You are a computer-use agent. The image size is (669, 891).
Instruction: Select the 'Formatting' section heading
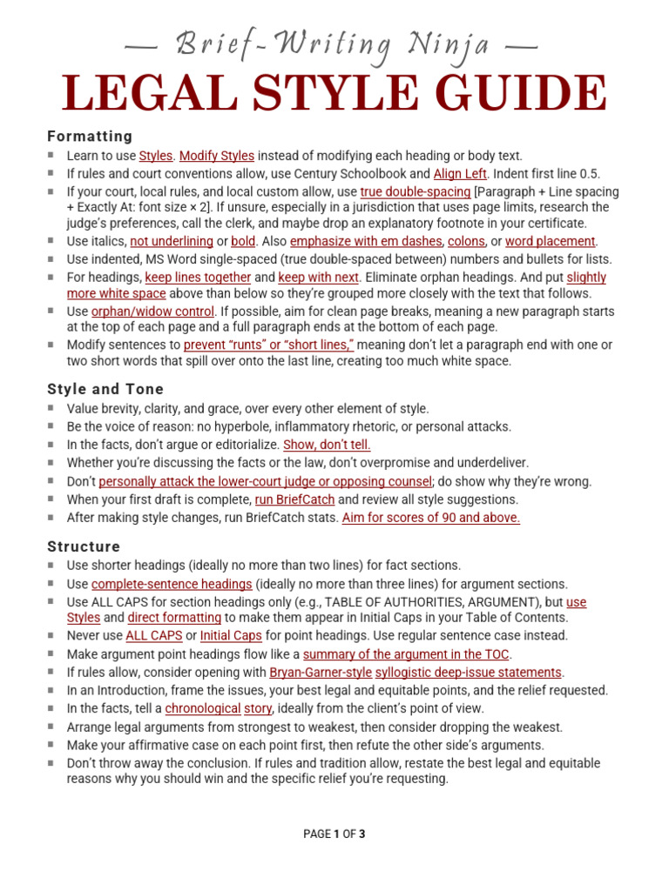pyautogui.click(x=90, y=137)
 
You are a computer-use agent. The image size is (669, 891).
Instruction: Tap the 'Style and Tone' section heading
pyautogui.click(x=105, y=389)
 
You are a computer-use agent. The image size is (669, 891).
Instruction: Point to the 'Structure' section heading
pyautogui.click(x=84, y=546)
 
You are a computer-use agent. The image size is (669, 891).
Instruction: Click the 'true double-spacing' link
pyautogui.click(x=416, y=191)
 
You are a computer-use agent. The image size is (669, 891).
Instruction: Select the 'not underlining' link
pyautogui.click(x=172, y=241)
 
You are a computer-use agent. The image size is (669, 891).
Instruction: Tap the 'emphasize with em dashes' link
pyautogui.click(x=365, y=241)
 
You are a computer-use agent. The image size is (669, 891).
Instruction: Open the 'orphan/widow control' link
pyautogui.click(x=153, y=311)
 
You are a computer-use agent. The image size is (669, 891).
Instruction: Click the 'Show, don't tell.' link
pyautogui.click(x=327, y=445)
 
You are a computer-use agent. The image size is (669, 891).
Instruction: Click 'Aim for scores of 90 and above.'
pyautogui.click(x=431, y=518)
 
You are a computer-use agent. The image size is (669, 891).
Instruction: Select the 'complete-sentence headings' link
pyautogui.click(x=172, y=584)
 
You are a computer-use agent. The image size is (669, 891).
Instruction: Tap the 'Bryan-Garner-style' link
pyautogui.click(x=321, y=672)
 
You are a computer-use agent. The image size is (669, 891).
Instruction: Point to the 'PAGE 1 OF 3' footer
pyautogui.click(x=334, y=834)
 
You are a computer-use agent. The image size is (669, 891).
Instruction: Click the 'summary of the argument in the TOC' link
pyautogui.click(x=407, y=653)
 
